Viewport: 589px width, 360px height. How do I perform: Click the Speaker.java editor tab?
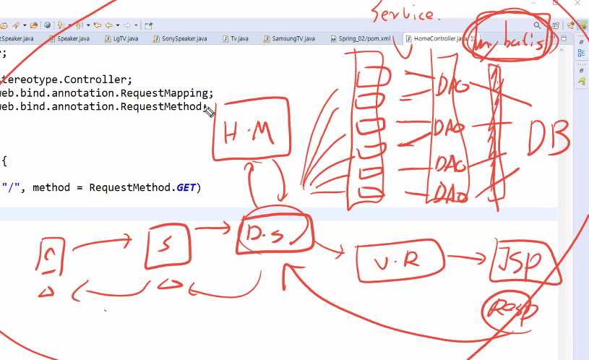tap(72, 38)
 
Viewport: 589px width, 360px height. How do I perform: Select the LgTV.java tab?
tap(122, 38)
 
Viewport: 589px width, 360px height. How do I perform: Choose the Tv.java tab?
tap(238, 38)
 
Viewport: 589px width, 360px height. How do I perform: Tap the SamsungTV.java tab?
tap(293, 38)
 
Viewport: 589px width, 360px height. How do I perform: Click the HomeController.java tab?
tap(437, 38)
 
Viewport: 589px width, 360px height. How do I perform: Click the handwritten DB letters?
tap(549, 137)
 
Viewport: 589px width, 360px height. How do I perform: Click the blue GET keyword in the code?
tap(186, 187)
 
